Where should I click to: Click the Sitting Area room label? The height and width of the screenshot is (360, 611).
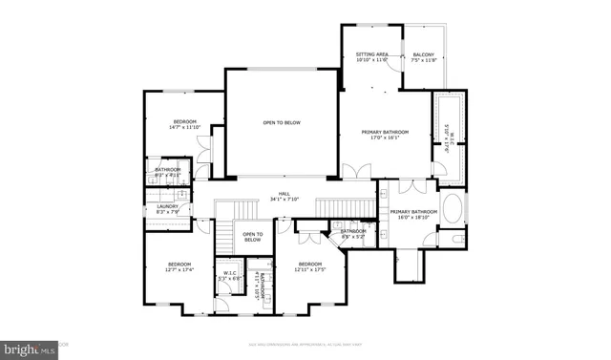371,58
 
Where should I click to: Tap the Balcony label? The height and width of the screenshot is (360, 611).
423,58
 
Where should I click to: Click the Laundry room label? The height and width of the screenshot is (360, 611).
167,207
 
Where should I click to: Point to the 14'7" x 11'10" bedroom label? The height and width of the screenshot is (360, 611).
184,124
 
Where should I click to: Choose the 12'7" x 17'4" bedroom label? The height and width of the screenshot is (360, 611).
179,266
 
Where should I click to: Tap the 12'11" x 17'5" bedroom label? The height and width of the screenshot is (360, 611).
309,266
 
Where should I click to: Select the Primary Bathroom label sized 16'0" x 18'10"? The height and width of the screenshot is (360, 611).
413,215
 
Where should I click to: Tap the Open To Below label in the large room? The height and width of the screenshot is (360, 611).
283,123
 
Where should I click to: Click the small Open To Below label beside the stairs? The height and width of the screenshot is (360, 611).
252,238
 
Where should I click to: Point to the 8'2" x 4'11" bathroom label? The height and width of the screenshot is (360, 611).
168,173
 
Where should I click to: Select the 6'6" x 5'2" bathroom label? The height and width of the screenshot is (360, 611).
353,234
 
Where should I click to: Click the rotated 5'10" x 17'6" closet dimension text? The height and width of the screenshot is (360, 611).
447,138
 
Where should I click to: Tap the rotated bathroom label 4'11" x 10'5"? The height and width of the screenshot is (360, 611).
257,285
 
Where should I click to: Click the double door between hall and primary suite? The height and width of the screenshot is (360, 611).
354,173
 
